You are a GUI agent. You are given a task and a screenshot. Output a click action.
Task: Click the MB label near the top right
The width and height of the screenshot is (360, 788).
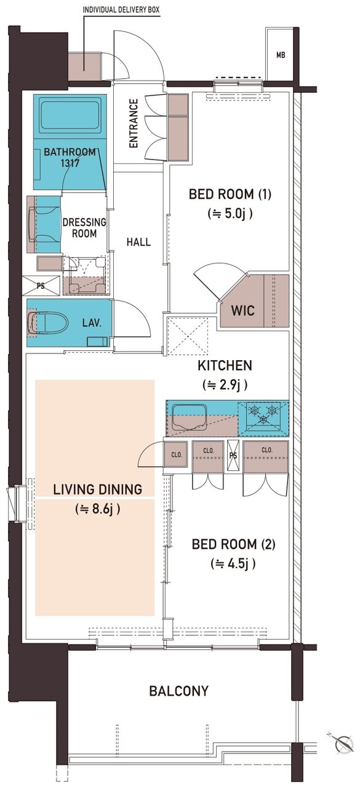pos(281,55)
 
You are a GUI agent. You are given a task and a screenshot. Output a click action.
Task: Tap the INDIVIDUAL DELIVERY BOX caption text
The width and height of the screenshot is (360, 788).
pos(121,10)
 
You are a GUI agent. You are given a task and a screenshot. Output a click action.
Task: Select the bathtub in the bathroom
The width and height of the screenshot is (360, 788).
pos(70,116)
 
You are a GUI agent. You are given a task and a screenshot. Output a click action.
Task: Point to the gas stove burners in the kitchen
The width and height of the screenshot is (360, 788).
pos(263,415)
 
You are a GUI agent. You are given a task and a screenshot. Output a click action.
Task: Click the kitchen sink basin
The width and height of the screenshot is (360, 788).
pos(189,417)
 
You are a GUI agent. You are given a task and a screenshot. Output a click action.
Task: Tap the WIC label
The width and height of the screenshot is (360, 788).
pos(242,311)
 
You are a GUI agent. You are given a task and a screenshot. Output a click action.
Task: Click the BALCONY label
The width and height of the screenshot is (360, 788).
pos(179,691)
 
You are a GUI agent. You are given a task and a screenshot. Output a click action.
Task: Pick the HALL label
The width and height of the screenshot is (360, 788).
pos(138,242)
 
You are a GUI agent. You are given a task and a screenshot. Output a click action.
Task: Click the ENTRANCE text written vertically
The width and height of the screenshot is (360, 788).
pos(134,124)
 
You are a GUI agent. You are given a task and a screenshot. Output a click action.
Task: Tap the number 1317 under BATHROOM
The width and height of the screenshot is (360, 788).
pos(70,163)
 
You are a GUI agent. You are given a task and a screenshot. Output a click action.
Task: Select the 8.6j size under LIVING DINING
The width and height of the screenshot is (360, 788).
pos(98,509)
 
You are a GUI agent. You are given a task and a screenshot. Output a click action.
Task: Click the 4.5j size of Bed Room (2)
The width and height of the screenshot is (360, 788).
pos(233,564)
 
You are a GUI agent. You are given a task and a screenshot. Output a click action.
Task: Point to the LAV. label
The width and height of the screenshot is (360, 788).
pos(92,323)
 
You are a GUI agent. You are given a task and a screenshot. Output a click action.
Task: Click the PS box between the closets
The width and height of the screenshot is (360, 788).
pos(233,456)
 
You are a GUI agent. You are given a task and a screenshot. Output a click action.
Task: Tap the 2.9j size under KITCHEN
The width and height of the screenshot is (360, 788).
pos(225,385)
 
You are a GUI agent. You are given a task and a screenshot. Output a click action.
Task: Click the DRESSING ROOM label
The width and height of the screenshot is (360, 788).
pos(84,228)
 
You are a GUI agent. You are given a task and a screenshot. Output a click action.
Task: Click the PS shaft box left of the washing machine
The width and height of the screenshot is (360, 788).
pos(41,286)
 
